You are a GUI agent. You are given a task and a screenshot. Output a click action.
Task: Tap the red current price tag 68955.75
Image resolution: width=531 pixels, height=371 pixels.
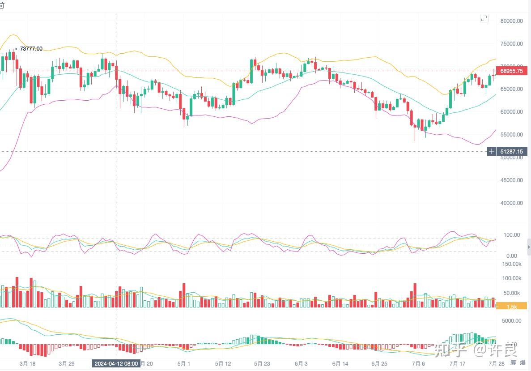512,71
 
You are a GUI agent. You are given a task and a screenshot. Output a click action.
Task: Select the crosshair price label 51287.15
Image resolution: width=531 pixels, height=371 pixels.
512,151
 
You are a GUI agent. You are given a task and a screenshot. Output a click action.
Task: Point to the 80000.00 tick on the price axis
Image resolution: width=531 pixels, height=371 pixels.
512,21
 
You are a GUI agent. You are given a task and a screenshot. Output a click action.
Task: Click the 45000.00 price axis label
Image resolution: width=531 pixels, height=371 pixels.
512,180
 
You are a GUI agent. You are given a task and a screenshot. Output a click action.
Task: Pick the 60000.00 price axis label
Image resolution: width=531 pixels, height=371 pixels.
512,111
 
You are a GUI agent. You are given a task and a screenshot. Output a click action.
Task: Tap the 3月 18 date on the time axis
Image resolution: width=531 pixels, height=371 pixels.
27,363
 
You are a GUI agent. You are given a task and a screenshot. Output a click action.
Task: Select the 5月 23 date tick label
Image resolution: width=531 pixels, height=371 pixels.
262,363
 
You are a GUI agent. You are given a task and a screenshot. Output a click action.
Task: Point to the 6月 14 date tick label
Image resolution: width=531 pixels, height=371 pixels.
340,363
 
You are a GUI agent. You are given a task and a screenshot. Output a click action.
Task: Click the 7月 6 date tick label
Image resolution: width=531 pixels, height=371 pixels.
418,363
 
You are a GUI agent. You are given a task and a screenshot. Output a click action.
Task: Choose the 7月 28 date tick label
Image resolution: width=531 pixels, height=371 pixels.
497,363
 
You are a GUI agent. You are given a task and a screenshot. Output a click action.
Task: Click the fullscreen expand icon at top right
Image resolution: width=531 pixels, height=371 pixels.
484,18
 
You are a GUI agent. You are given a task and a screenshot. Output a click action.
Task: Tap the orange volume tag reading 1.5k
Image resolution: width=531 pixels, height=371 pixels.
512,306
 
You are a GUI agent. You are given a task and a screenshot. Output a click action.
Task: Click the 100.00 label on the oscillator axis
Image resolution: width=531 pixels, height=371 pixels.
511,235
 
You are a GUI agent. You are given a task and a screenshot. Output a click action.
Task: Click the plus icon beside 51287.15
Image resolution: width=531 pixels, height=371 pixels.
492,151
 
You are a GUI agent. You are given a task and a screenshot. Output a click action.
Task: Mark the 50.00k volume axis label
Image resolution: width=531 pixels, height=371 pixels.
511,293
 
